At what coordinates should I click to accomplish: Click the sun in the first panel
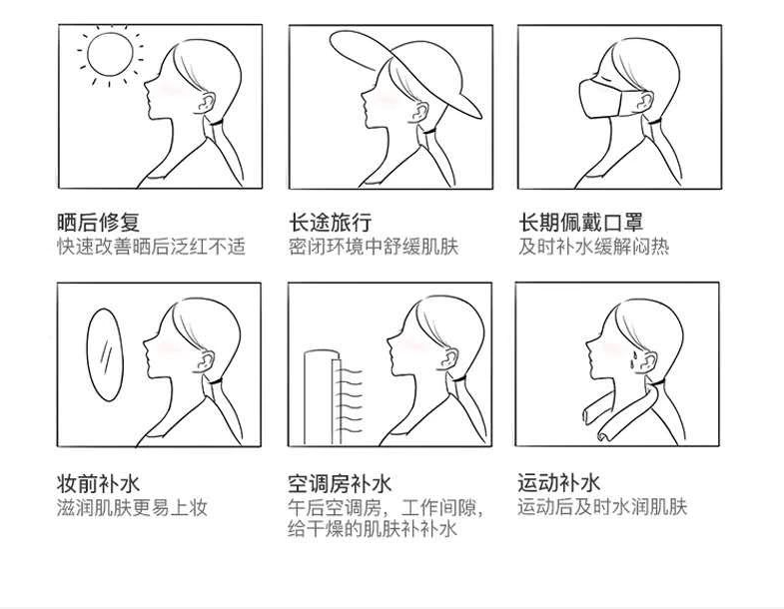pos(110,54)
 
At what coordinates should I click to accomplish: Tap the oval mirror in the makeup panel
pos(105,355)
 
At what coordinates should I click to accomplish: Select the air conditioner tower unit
pos(323,397)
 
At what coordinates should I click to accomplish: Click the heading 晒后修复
pos(98,222)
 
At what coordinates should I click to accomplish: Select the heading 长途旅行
pos(330,222)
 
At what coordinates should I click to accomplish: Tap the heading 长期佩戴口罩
pos(580,222)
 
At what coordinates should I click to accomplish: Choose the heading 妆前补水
pos(98,483)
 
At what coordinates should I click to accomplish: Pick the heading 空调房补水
pos(340,483)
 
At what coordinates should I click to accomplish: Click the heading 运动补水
pos(558,482)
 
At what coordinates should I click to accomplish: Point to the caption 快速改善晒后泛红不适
pos(151,247)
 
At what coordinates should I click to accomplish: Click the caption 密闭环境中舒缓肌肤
pos(374,247)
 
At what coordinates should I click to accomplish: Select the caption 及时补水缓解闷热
pos(593,247)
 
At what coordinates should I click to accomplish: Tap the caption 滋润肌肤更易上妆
pos(132,507)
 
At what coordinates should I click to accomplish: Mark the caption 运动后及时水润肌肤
pos(602,506)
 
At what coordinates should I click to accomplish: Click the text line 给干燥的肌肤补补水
pos(373,528)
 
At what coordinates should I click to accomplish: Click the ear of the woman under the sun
pos(205,102)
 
